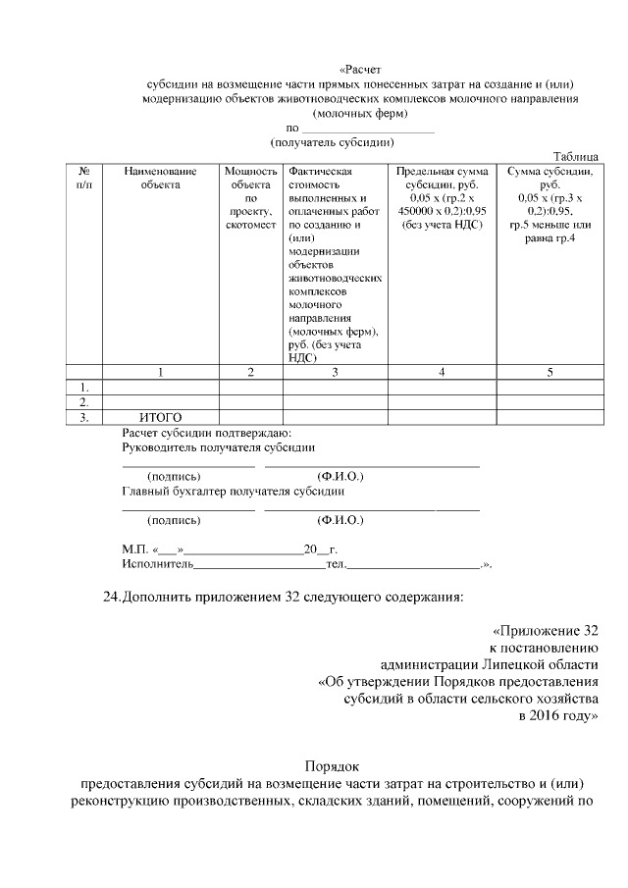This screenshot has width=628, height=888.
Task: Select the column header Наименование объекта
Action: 160,178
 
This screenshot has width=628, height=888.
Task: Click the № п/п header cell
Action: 84,178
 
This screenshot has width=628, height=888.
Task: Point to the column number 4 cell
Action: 442,372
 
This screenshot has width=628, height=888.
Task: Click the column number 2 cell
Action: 250,372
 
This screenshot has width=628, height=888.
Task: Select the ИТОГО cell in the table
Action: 160,417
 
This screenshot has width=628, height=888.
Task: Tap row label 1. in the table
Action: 84,387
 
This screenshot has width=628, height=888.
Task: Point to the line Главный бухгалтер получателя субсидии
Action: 233,491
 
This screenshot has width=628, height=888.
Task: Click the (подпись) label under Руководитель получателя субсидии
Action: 174,477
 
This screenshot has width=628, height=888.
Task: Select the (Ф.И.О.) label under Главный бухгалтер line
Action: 340,520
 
